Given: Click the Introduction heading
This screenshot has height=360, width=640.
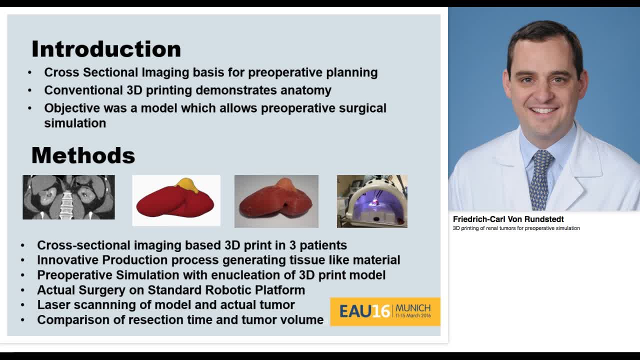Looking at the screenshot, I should click(106, 49).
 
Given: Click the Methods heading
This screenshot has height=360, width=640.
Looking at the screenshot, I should click(83, 155).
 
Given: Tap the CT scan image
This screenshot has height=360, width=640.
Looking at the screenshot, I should click(68, 197).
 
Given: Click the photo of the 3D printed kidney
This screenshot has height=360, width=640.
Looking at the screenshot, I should click(276, 201).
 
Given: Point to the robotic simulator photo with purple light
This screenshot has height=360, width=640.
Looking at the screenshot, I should click(372, 201).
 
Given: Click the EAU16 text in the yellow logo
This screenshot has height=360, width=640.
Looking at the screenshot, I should click(364, 311).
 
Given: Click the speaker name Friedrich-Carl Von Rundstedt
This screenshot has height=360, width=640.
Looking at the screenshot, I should click(508, 219).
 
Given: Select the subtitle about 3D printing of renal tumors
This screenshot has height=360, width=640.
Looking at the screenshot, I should click(516, 228).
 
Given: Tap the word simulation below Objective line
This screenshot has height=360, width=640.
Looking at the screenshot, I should click(75, 123).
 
